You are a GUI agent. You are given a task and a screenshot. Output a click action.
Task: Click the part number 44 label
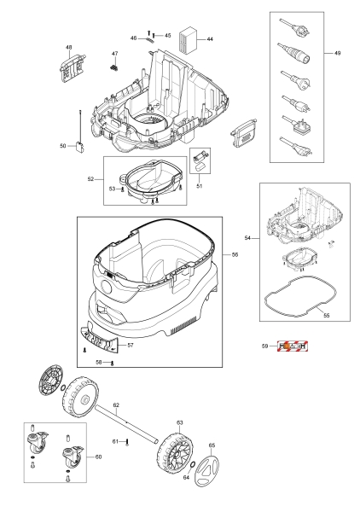[210, 39]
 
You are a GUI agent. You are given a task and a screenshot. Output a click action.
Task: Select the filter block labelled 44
[189, 39]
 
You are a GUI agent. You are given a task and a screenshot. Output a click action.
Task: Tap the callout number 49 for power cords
[337, 53]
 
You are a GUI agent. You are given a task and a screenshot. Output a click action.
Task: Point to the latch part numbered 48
[73, 67]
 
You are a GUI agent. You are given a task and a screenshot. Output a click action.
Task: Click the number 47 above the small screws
[114, 54]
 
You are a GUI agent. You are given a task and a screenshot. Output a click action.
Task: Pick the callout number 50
[63, 146]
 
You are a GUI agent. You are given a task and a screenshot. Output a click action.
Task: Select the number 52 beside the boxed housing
[90, 179]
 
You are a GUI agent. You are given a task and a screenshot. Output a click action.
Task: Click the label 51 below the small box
[200, 186]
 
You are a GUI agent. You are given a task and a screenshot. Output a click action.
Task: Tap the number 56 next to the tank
[235, 254]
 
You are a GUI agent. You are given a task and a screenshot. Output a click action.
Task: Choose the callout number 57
[131, 345]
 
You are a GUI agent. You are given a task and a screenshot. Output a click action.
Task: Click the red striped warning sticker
[293, 346]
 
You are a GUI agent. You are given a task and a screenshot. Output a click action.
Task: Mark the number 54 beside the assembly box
[247, 238]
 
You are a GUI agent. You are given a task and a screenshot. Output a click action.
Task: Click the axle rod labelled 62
[127, 424]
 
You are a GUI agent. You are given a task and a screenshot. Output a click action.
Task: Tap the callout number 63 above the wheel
[180, 422]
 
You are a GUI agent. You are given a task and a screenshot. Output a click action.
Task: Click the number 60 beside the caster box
[98, 457]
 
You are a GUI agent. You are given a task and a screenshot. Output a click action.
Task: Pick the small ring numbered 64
[192, 464]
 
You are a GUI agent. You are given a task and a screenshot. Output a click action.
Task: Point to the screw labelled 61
[127, 442]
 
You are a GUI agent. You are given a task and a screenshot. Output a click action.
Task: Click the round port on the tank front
[106, 288]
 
